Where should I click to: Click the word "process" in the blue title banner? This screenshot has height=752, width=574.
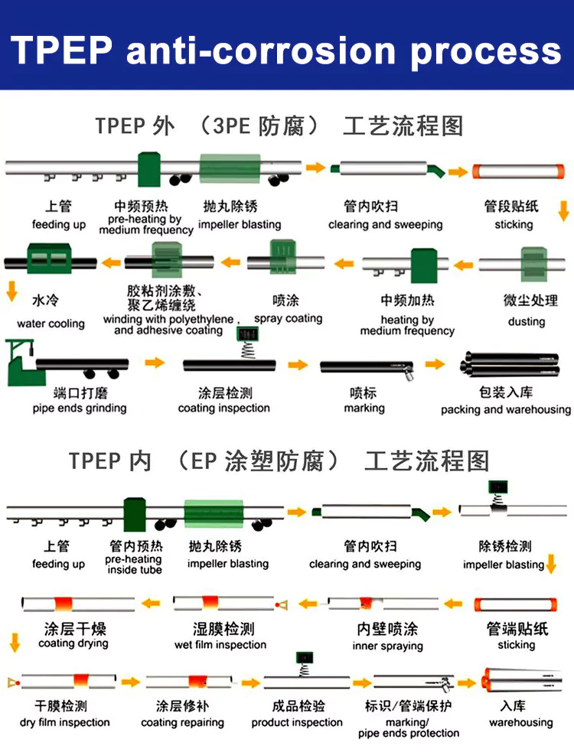point(486,50)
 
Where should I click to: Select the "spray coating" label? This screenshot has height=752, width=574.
point(288,318)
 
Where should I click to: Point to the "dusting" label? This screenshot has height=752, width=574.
point(527,321)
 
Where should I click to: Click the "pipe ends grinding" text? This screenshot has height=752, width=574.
point(80,408)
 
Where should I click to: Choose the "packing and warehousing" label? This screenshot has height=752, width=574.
point(505,409)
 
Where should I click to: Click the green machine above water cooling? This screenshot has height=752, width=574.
point(49,259)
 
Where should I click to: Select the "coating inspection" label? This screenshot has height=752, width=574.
point(223,408)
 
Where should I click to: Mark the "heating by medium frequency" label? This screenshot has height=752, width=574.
point(407,325)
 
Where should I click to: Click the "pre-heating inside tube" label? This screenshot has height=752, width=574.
point(134,565)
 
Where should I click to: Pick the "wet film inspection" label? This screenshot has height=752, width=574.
point(220,644)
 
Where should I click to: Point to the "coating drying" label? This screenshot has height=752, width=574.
point(73,643)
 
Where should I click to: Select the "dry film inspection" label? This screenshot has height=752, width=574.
point(65,722)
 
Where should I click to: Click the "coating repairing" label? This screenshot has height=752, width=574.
point(182,722)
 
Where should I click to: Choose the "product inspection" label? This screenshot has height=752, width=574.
point(297,722)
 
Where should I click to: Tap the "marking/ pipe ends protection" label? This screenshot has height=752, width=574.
point(408,728)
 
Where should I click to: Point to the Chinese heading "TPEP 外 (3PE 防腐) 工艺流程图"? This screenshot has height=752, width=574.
point(279,125)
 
